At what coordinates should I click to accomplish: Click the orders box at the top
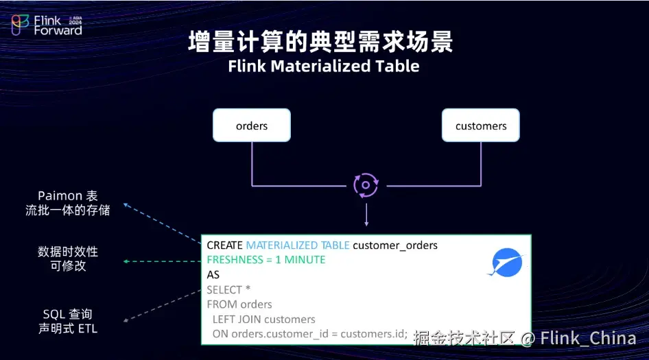252,126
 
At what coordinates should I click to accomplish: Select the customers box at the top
481,126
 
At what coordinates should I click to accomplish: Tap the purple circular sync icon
366,185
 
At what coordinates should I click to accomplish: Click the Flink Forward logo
47,25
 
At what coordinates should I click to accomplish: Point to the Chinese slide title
320,43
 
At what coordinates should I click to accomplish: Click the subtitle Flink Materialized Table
323,67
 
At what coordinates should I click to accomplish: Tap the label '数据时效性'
67,252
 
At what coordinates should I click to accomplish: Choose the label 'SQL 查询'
67,314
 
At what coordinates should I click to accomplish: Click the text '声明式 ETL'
67,328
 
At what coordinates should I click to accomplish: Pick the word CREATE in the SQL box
224,245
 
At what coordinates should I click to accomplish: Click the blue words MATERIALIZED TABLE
297,245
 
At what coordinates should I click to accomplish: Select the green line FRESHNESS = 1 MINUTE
266,260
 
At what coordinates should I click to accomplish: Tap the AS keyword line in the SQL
213,274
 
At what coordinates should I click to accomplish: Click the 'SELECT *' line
228,290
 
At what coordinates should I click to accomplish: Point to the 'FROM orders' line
239,304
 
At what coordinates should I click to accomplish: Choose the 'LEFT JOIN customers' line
264,320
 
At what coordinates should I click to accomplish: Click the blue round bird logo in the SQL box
508,263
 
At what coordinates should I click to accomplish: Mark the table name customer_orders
395,245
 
